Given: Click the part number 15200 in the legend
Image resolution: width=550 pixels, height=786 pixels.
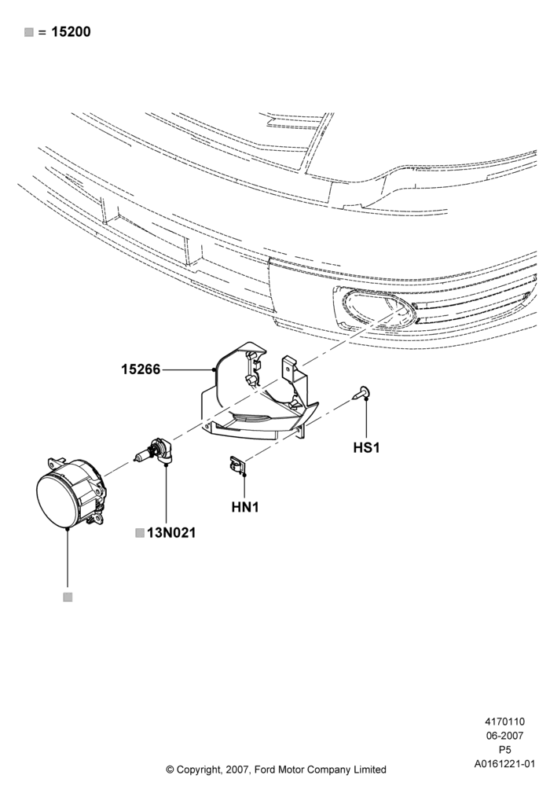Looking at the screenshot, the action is click(71, 32).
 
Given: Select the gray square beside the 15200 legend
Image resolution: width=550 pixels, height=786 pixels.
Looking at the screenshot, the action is click(29, 32).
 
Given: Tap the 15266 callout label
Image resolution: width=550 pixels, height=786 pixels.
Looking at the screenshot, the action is click(141, 369).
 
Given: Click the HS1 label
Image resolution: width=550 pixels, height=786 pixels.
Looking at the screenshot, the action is click(367, 448).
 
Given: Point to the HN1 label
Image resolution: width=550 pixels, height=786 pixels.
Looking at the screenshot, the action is click(245, 507).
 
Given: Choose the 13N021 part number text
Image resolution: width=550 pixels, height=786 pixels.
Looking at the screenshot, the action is click(171, 533).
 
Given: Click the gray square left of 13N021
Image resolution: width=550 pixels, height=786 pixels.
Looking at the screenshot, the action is click(140, 533).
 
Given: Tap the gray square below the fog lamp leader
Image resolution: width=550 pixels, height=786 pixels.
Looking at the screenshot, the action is click(68, 597).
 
